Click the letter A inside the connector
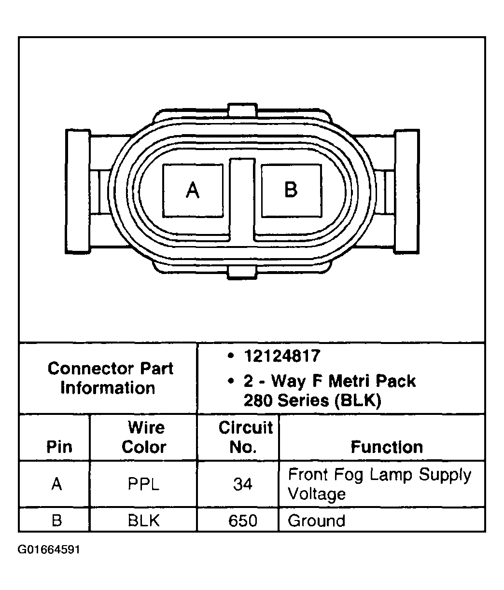pyautogui.click(x=193, y=190)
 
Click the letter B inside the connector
pyautogui.click(x=291, y=190)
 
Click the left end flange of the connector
pyautogui.click(x=78, y=191)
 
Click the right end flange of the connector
pyautogui.click(x=407, y=191)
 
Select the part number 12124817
pyautogui.click(x=282, y=357)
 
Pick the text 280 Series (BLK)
pyautogui.click(x=312, y=401)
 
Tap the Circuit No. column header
pyautogui.click(x=245, y=437)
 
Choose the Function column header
pyautogui.click(x=386, y=447)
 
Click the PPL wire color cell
pyautogui.click(x=143, y=484)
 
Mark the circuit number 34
pyautogui.click(x=242, y=484)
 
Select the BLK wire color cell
pyautogui.click(x=143, y=521)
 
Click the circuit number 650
pyautogui.click(x=242, y=521)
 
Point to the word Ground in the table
pyautogui.click(x=316, y=521)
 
